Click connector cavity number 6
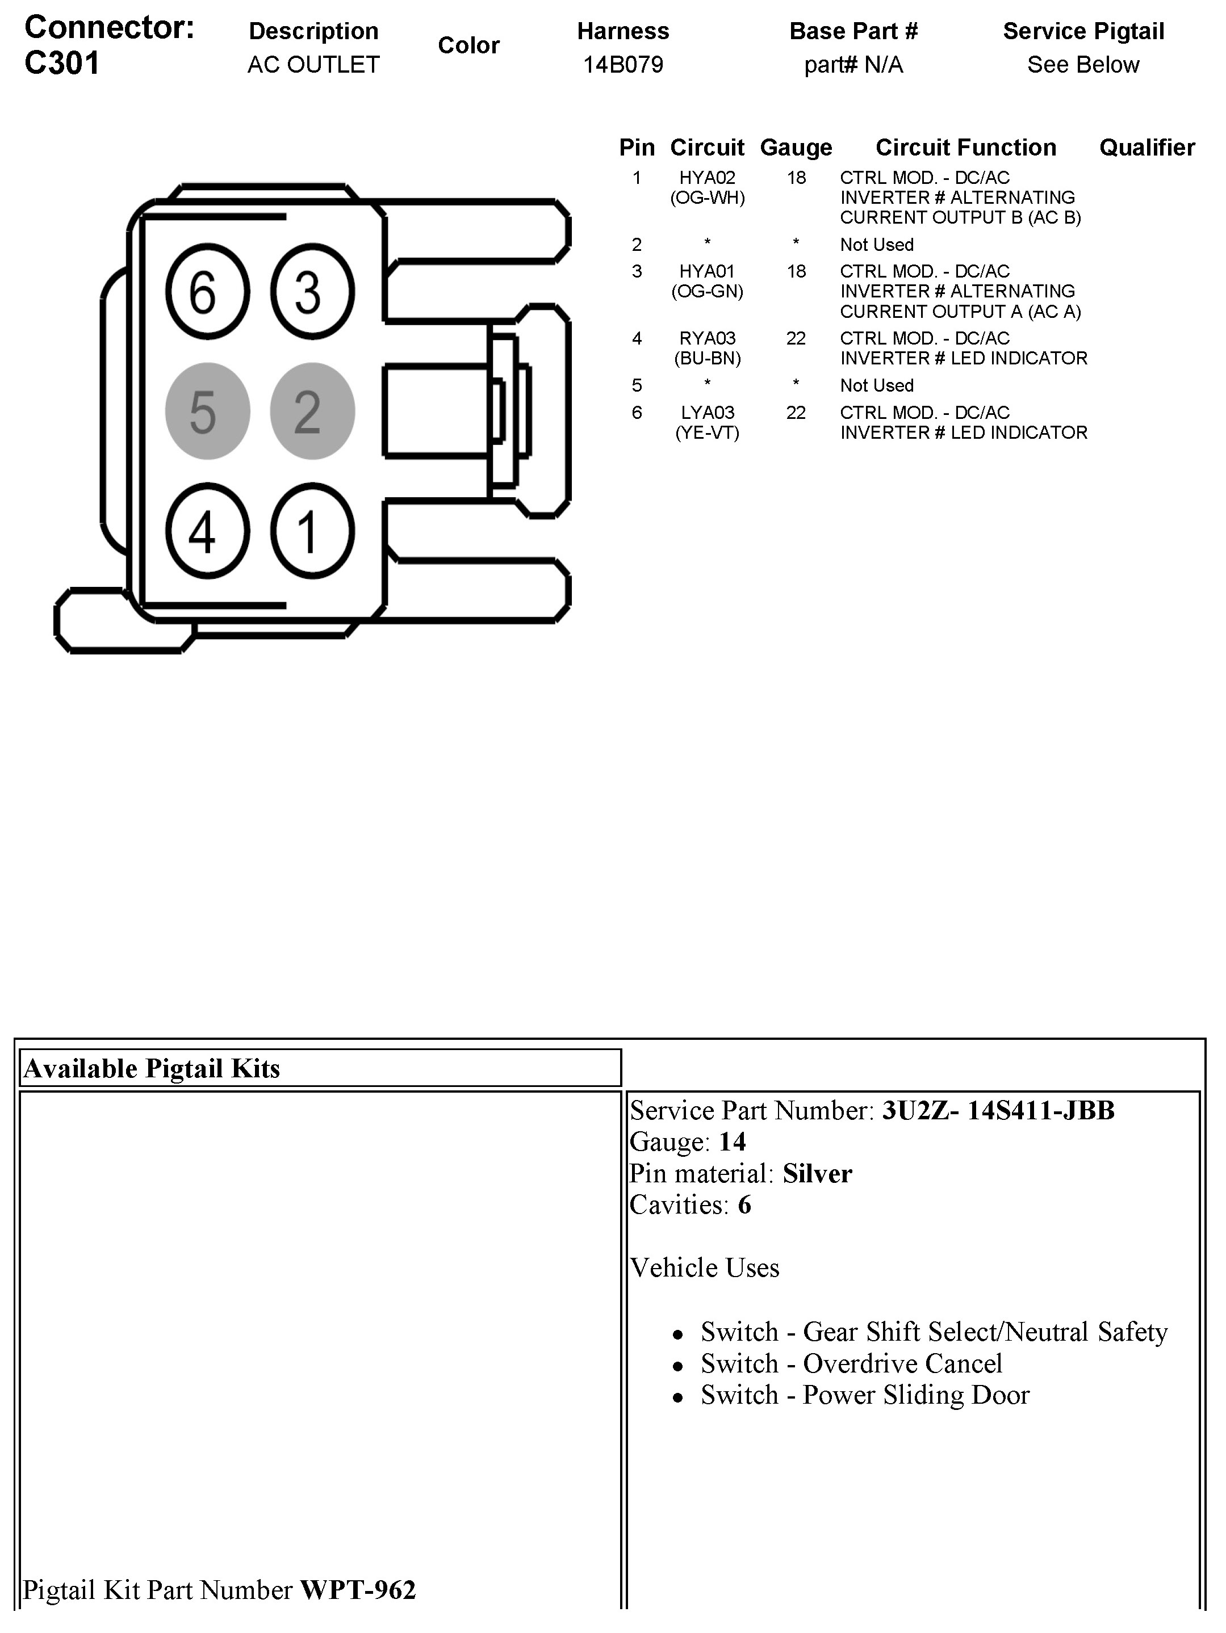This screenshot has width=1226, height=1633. click(207, 292)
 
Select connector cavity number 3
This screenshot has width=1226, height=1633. click(312, 292)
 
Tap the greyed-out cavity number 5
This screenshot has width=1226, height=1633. click(207, 411)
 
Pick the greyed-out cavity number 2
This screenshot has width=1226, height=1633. click(312, 411)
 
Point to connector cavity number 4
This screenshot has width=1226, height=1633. click(207, 531)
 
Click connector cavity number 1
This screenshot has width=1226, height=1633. click(312, 531)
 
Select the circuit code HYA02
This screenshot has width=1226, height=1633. click(707, 178)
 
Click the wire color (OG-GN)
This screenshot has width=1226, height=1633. click(707, 292)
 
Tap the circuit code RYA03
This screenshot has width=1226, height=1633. click(707, 339)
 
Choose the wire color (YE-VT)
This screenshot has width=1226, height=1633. click(707, 433)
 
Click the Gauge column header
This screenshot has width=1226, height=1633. click(796, 148)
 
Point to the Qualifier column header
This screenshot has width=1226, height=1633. click(1147, 148)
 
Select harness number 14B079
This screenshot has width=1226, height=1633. click(622, 65)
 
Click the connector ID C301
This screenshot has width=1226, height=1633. click(62, 64)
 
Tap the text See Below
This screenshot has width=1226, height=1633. click(1083, 65)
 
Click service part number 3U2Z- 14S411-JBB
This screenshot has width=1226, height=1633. click(998, 1110)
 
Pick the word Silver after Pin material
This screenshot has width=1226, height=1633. click(817, 1174)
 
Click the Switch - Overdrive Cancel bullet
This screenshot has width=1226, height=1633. click(851, 1363)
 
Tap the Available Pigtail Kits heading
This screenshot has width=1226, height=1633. click(152, 1068)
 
